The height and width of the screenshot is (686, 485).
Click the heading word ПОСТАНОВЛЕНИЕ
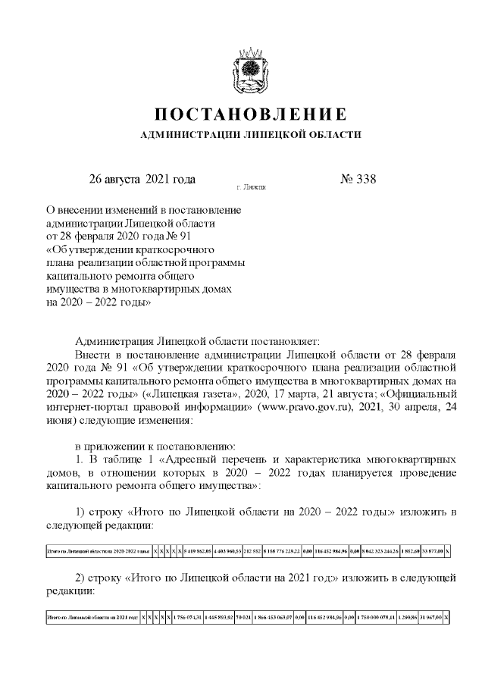251,114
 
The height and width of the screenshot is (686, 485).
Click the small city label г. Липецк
251,186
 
